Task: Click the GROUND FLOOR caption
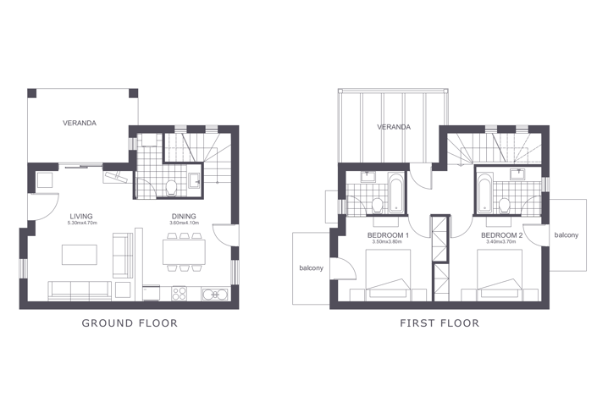(130, 323)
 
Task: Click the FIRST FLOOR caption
(439, 323)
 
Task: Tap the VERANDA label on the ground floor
(80, 123)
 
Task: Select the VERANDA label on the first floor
(394, 127)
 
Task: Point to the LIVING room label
(82, 216)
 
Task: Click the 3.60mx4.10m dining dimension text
(184, 223)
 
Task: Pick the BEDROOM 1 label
(389, 234)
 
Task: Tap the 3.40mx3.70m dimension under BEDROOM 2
(501, 242)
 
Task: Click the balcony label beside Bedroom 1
(311, 268)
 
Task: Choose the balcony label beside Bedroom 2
(567, 234)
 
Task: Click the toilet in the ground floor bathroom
(172, 185)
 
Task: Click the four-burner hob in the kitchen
(180, 294)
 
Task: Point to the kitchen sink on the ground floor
(213, 294)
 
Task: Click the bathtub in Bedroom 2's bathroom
(483, 191)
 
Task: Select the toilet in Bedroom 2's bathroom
(504, 202)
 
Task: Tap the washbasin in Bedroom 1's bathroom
(368, 177)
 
